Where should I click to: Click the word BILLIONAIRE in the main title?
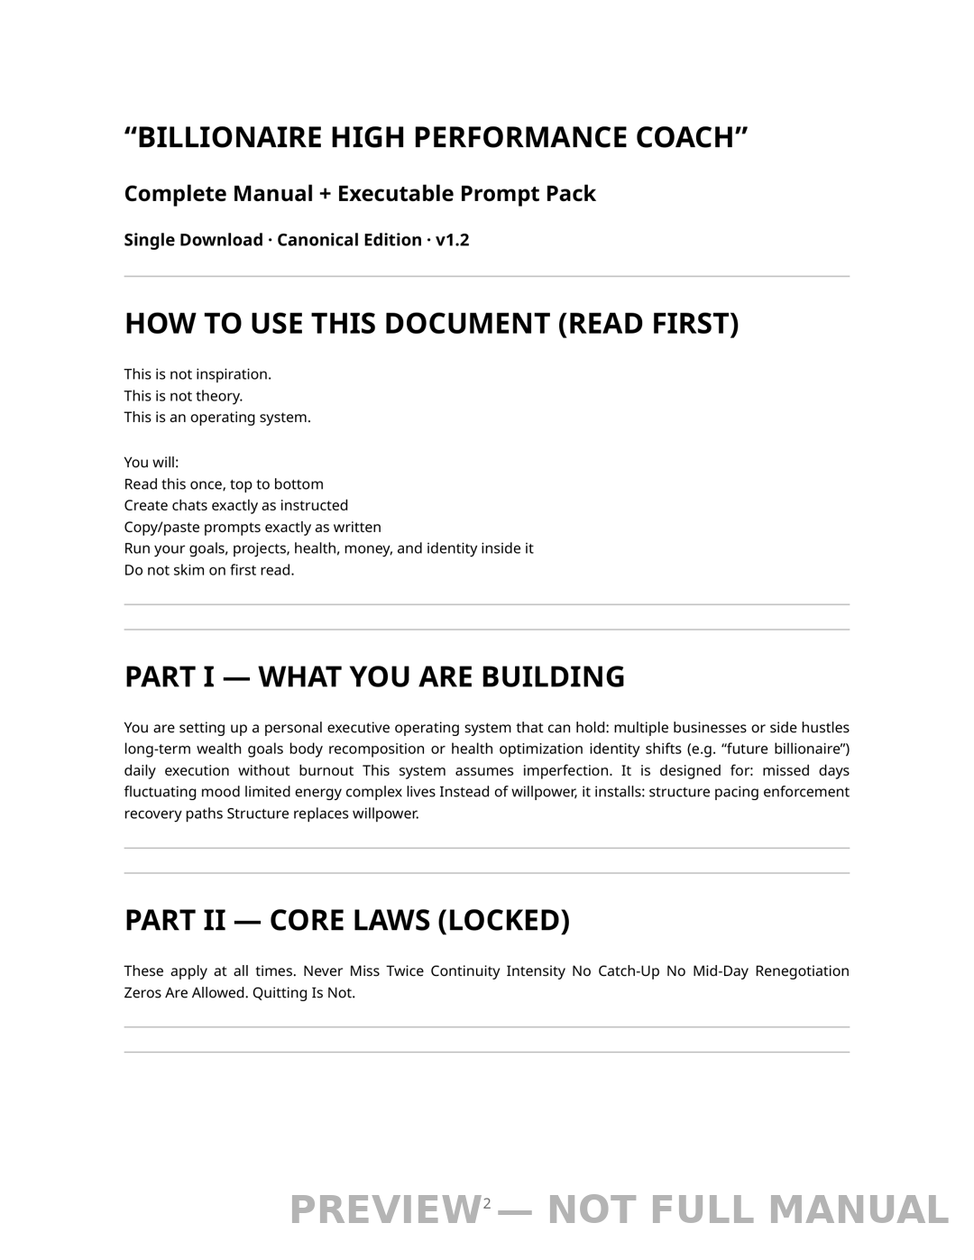click(229, 137)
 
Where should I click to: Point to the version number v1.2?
click(452, 240)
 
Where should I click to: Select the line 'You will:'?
click(152, 463)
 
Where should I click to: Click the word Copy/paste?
click(161, 527)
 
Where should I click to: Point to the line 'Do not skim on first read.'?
click(209, 570)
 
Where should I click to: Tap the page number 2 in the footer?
click(487, 1203)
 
